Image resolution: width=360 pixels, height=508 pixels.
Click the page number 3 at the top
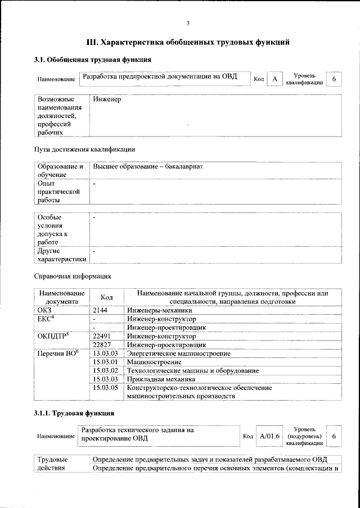click(188, 23)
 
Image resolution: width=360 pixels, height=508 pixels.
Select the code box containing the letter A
click(274, 79)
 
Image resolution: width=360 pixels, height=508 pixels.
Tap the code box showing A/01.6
click(270, 436)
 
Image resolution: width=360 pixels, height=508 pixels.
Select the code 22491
click(102, 335)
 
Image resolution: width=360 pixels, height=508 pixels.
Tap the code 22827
click(102, 344)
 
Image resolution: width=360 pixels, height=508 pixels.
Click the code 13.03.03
click(105, 353)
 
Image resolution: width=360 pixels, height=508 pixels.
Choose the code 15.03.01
click(105, 362)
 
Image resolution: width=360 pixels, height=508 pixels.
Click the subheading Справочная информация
click(73, 276)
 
